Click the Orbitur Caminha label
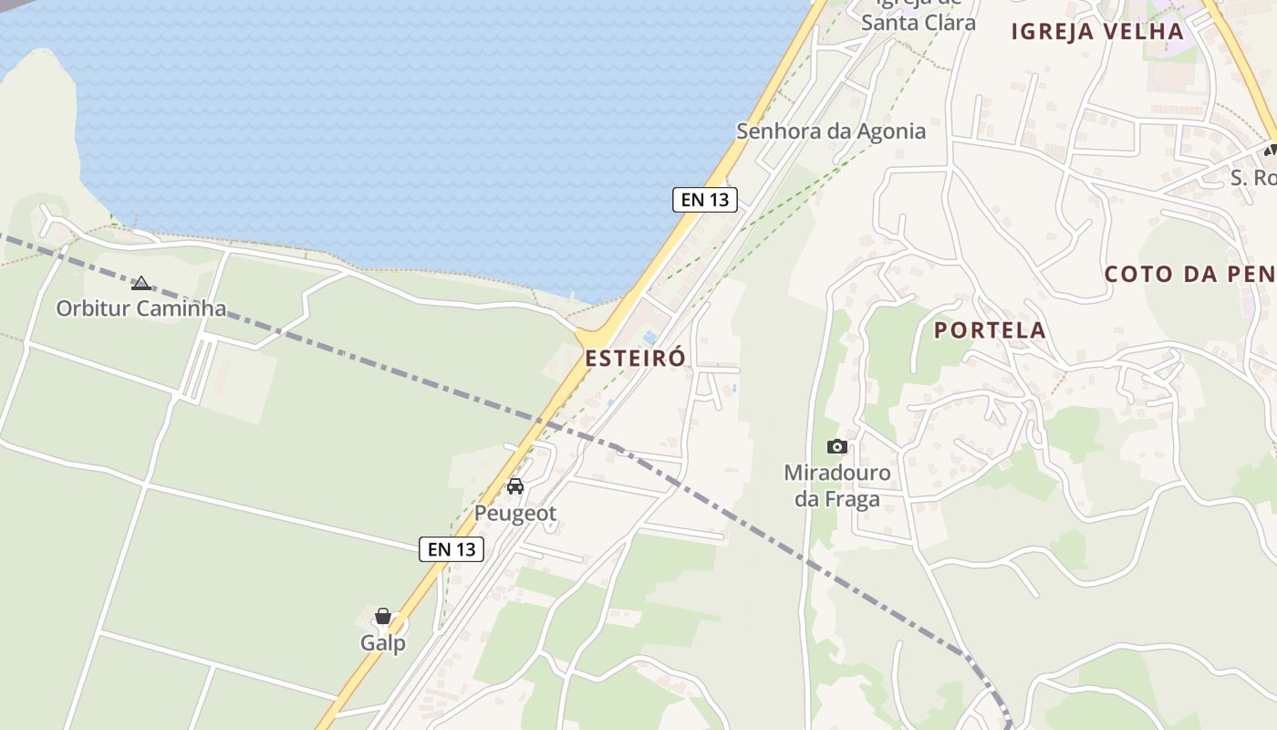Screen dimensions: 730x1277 click(140, 308)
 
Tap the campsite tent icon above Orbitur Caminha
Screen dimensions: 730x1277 click(140, 284)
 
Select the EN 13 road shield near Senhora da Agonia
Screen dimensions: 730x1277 click(704, 200)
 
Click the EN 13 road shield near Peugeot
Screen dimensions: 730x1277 click(452, 549)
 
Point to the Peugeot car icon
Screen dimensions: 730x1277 click(515, 486)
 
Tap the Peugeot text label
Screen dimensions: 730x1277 click(515, 514)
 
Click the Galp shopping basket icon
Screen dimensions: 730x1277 click(383, 617)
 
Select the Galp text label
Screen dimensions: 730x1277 click(383, 643)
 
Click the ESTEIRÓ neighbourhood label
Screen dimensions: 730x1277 click(635, 359)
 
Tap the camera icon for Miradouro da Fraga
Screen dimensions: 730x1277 click(837, 446)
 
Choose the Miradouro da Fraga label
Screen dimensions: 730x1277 click(837, 486)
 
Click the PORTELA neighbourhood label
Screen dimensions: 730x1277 click(990, 330)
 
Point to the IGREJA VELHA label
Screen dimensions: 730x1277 click(1097, 32)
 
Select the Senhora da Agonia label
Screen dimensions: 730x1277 click(831, 131)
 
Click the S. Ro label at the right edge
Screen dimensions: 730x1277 click(1252, 178)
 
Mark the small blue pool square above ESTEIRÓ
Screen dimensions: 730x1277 click(649, 339)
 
